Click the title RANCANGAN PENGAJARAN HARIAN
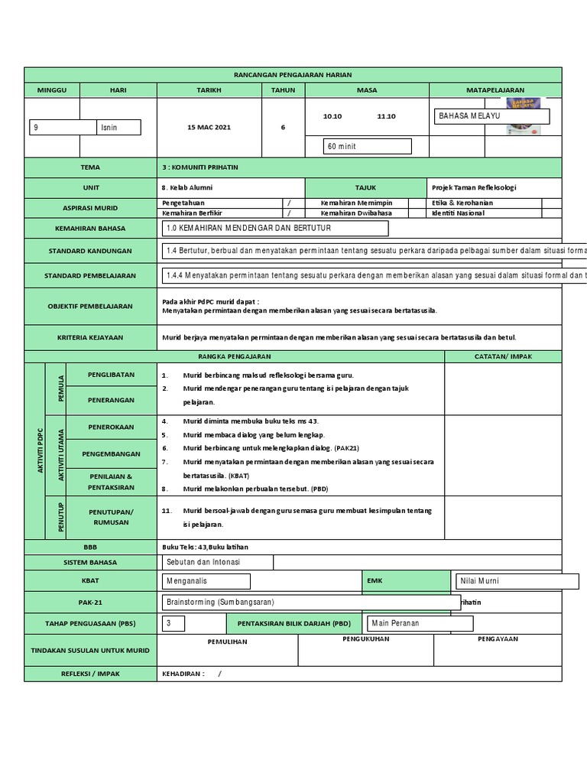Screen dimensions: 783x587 [293, 74]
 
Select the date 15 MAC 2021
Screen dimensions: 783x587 [209, 128]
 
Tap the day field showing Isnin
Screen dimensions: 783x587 [119, 128]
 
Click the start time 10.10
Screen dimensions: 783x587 [332, 116]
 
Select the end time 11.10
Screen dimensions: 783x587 [387, 116]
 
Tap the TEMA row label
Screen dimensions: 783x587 [90, 167]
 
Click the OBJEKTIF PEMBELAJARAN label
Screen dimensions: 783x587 [90, 306]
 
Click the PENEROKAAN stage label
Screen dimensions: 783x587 [112, 427]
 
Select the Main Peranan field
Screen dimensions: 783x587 [420, 623]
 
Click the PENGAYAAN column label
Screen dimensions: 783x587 [498, 638]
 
